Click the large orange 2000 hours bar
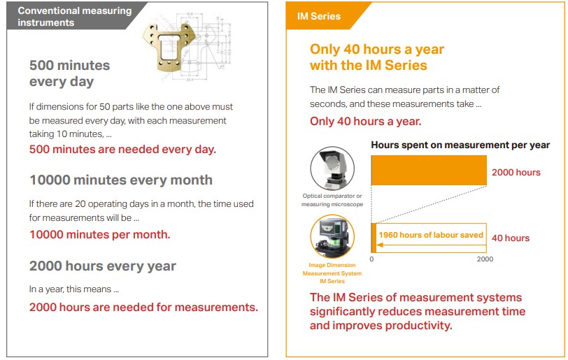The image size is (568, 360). point(429,171)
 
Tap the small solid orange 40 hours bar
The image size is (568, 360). point(374,238)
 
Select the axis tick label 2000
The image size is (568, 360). point(485,259)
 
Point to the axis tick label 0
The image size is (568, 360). point(371,259)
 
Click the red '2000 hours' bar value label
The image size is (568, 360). point(516,173)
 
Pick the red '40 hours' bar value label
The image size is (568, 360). point(511,238)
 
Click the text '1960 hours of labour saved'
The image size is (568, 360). point(431,235)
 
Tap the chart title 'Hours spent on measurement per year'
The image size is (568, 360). point(460,145)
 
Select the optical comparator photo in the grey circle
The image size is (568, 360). point(332,168)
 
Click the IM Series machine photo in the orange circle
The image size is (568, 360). point(332,236)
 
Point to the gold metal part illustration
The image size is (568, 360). point(169,45)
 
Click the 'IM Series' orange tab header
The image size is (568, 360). point(319,16)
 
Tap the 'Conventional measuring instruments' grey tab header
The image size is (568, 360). point(74,16)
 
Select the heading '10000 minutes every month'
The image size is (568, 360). point(121,180)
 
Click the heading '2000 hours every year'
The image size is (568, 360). point(103,266)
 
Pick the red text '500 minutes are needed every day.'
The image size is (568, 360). point(122,149)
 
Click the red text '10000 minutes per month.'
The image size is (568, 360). point(99,235)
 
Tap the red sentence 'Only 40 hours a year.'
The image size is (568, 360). point(366,122)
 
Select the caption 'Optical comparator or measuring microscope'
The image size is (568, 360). point(332,200)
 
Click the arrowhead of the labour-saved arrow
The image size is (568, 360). point(379,245)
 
